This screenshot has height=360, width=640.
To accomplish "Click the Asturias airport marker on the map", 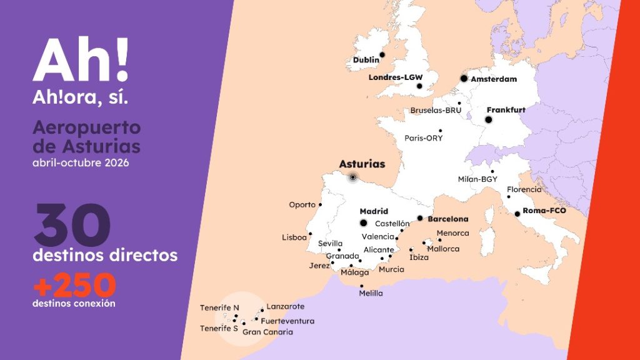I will coord(353,177).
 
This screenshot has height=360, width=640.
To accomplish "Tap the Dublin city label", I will coord(366,61).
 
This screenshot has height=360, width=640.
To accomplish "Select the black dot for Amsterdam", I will coord(464,78).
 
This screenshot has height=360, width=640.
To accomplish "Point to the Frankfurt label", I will coord(506,110).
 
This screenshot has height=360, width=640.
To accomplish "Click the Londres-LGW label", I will coord(396,77).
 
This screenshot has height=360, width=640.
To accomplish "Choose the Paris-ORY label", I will coord(423,138).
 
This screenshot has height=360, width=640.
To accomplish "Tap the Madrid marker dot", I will coord(363,223).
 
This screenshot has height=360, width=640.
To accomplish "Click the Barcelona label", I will coord(448,219).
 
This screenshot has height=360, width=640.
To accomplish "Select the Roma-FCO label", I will coord(544,211).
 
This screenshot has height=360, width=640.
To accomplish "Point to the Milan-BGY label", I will coord(477,179).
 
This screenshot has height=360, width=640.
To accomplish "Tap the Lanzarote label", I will coord(286,307).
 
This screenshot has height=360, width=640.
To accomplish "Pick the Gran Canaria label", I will coord(267,332).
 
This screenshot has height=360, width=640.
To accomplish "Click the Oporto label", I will coord(302,205).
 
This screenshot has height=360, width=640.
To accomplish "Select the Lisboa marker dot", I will coord(311,234).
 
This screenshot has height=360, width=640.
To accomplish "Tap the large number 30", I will coord(72,225).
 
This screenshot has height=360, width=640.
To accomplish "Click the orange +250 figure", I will coord(74,286).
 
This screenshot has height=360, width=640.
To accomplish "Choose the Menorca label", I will coord(453,234).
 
